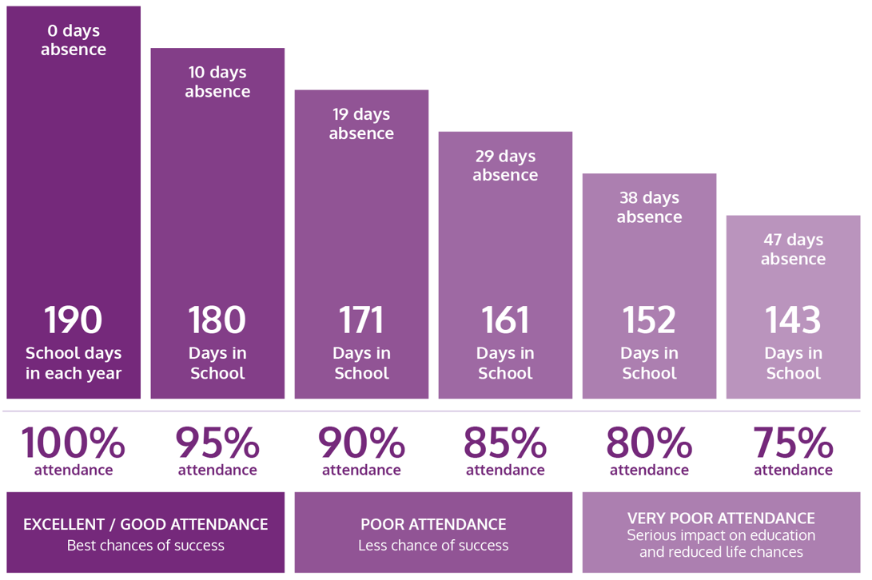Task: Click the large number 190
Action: pos(74,320)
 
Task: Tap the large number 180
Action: pos(217,320)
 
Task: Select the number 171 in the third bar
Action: pos(361,320)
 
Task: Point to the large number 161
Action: pos(505,320)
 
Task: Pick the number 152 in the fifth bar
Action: pos(649,320)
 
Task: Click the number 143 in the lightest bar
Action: pos(793,320)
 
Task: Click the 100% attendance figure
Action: pos(74,443)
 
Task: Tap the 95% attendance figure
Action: pos(217,443)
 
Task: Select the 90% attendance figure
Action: pos(361,443)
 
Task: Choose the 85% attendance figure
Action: pos(505,443)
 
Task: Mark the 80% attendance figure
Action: pos(649,443)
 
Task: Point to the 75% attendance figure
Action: pos(793,443)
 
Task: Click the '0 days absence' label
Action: pos(74,40)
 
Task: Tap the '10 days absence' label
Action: pos(217,81)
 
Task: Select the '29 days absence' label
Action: pos(505,165)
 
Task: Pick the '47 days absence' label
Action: pos(793,249)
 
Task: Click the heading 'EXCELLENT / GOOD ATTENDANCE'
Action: pos(145,524)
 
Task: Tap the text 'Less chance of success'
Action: pos(433,546)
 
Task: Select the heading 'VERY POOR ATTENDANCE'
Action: pos(721,518)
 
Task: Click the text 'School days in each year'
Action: pos(74,363)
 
